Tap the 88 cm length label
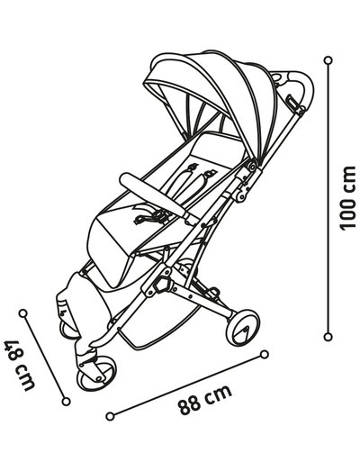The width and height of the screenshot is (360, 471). [x=204, y=399]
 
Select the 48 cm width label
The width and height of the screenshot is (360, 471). [x=19, y=365]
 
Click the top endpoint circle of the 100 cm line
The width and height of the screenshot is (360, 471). [x=328, y=60]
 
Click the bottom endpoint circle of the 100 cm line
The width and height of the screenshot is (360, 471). [x=328, y=337]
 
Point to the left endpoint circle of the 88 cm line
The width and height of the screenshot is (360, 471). [x=110, y=416]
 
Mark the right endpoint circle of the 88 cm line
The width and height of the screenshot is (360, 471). [x=265, y=355]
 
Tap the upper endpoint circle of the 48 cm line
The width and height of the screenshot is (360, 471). [x=22, y=313]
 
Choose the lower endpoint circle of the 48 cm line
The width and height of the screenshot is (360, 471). [x=66, y=402]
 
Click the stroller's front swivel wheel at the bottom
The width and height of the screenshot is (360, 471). [x=96, y=374]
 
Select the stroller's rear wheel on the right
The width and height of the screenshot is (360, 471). [x=243, y=328]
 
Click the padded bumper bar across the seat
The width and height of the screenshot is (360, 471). [x=154, y=195]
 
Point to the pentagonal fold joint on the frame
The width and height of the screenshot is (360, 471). [x=162, y=285]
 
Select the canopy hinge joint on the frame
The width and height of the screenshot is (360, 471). [x=252, y=166]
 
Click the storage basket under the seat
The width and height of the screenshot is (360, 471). [x=156, y=322]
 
